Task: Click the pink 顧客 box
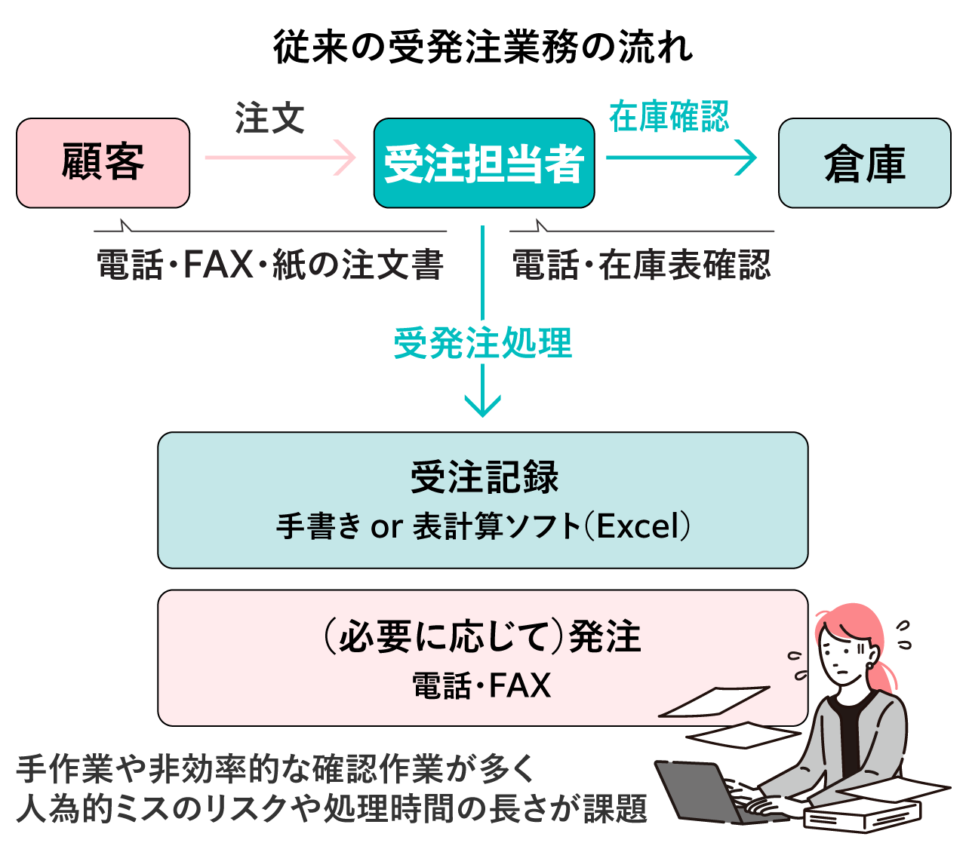point(103,163)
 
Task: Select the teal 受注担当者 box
point(484,163)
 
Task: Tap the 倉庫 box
point(864,163)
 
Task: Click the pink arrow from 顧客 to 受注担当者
point(280,158)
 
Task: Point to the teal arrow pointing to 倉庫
point(681,158)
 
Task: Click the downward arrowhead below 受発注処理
point(482,406)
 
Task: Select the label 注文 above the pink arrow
point(270,118)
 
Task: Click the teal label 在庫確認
point(669,116)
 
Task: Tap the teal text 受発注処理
point(482,343)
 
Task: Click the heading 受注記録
point(484,477)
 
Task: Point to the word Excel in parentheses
point(638,526)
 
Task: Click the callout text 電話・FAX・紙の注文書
point(270,265)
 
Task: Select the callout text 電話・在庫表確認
point(641,265)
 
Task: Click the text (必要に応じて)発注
point(482,637)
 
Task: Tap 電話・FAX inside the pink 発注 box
point(481,685)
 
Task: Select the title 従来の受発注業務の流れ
point(482,47)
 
